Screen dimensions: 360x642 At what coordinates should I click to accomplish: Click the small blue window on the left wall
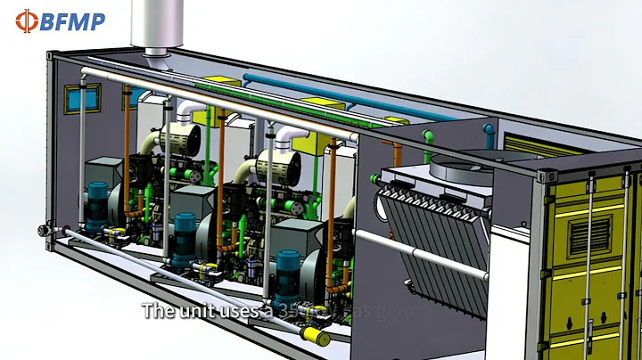click(90, 96)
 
